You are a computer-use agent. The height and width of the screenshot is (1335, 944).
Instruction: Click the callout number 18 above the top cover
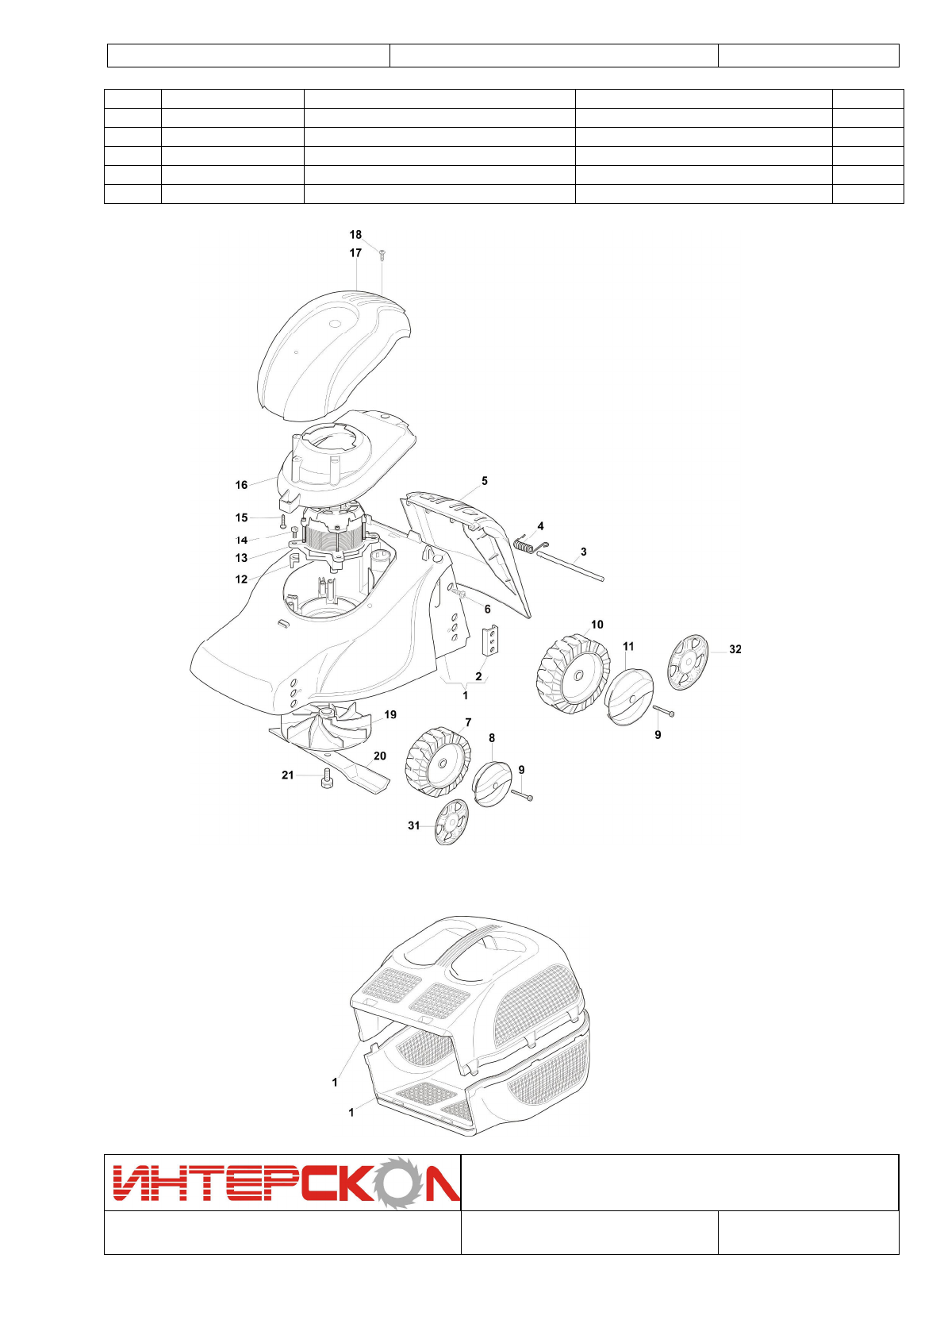tap(355, 235)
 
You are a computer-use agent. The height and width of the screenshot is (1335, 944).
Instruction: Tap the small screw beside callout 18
tap(382, 254)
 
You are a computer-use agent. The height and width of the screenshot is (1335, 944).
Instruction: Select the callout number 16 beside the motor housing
tap(241, 485)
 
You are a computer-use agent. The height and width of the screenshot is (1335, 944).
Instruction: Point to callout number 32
tap(735, 649)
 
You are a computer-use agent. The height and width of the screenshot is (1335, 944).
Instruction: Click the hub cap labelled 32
tap(688, 662)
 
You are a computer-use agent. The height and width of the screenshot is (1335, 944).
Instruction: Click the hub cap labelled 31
tap(451, 822)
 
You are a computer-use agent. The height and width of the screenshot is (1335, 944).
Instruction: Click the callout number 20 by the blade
tap(380, 756)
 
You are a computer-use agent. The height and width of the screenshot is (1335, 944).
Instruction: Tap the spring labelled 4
tap(526, 544)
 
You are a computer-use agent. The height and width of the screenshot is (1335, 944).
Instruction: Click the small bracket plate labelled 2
tap(492, 641)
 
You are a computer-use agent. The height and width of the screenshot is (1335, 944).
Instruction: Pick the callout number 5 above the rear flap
tap(485, 481)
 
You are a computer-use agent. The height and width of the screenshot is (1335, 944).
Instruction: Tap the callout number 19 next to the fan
tap(390, 715)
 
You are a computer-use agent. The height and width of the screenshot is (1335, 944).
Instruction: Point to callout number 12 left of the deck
tap(241, 579)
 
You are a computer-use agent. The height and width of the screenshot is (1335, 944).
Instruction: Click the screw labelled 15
tap(282, 521)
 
